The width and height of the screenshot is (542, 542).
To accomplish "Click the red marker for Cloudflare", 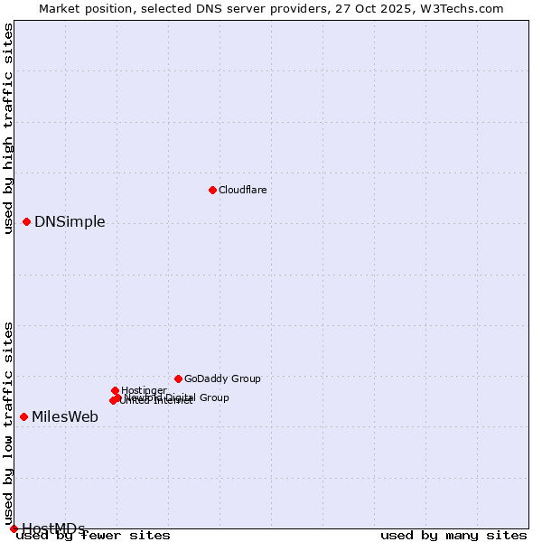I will (212, 190).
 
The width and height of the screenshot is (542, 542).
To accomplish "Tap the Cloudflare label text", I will (242, 190).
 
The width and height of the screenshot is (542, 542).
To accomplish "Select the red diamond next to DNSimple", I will (26, 221).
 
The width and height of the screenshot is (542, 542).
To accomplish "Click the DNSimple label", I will (70, 222).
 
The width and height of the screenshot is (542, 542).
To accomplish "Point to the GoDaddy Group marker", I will (178, 378).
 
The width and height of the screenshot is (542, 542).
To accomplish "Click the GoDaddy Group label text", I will (222, 378).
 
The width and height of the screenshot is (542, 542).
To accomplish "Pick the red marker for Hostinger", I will (115, 390).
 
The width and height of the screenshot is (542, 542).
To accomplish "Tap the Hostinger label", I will (144, 390).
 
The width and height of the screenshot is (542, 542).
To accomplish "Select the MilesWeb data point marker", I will (23, 416).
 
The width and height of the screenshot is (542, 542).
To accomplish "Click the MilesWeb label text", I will (65, 417).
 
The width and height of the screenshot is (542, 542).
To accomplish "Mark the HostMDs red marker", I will (14, 528).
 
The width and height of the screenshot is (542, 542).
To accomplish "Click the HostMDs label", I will (53, 528).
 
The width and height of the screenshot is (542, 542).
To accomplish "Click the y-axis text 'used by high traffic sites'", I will (9, 128).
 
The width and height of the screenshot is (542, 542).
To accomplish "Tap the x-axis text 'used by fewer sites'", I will (94, 536).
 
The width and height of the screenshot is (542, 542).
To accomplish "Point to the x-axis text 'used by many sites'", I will (453, 536).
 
